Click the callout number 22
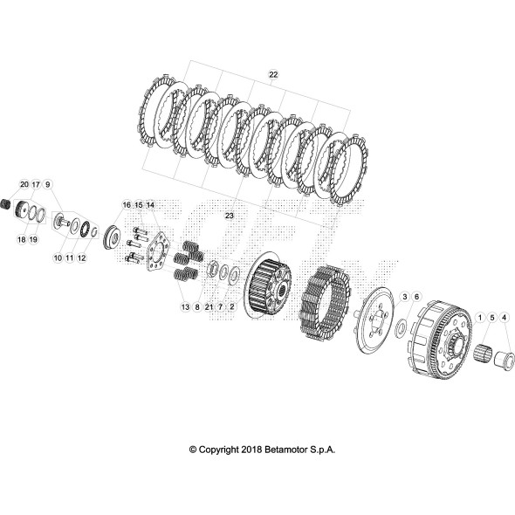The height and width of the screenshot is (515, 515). click(x=273, y=77)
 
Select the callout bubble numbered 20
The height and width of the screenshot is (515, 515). click(x=24, y=185)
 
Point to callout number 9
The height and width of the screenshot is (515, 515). click(x=48, y=185)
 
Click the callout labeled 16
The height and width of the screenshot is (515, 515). click(x=127, y=205)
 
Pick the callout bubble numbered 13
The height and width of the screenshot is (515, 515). click(x=185, y=307)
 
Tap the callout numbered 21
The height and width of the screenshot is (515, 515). click(x=209, y=307)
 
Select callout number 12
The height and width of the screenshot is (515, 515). click(x=81, y=258)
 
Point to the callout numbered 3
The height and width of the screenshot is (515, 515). click(x=405, y=298)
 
